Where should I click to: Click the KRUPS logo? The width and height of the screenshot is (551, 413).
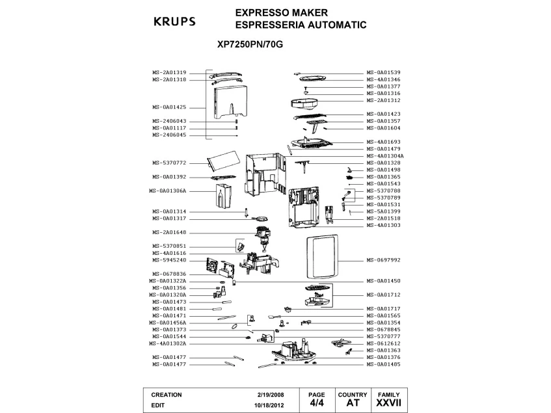pos(174,21)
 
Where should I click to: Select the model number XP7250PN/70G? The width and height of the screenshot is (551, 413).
pos(250,46)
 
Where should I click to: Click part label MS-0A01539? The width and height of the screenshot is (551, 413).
pos(383,72)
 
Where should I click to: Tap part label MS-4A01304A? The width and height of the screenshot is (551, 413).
pos(384,156)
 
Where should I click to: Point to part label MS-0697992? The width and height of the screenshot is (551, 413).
pos(383,260)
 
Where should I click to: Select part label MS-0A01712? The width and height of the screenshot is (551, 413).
pos(383,295)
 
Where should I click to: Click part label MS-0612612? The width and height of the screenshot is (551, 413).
pos(383,343)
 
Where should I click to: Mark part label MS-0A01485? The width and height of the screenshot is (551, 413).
pos(383,364)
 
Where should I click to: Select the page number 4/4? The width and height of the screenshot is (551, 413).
pos(316,403)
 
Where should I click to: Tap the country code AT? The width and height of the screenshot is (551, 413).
pos(353,403)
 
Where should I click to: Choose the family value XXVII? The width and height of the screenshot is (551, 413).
pos(388,403)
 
